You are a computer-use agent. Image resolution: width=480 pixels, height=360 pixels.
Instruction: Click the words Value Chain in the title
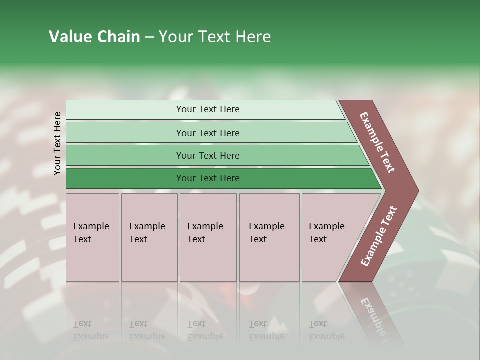click(94, 37)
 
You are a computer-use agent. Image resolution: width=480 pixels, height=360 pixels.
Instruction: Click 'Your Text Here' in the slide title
click(215, 37)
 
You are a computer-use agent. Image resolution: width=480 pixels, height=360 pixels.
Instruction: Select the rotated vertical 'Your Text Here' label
click(57, 143)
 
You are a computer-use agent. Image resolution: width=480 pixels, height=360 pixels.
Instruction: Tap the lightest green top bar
click(125, 110)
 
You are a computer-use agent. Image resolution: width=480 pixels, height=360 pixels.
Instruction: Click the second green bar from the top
click(125, 133)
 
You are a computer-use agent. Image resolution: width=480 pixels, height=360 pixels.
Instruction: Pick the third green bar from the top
click(125, 155)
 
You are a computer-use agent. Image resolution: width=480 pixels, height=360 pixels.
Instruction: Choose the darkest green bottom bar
click(125, 178)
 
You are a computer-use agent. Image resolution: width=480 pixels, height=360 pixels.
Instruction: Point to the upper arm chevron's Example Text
click(377, 142)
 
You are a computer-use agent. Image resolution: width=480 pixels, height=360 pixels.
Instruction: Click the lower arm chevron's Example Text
click(378, 236)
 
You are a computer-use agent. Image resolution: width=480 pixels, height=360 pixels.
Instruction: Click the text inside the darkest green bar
click(208, 178)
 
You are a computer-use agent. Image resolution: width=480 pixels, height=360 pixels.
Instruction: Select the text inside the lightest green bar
click(208, 109)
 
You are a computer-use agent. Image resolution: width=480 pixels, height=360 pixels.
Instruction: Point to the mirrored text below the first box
click(91, 330)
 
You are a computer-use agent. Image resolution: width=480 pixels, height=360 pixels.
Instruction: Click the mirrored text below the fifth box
click(326, 330)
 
